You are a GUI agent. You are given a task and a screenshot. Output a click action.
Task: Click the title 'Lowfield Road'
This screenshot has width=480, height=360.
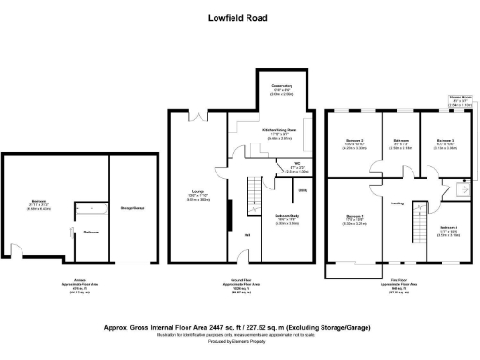pos(240,16)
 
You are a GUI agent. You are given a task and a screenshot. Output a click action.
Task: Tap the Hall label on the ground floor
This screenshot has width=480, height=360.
pos(247,234)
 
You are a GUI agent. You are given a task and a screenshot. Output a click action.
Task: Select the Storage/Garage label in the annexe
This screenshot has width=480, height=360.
pos(132,207)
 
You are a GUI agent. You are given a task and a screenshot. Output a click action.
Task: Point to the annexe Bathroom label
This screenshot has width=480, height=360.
pos(92,231)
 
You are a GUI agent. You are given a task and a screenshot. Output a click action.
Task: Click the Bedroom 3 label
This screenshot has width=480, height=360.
pos(443,141)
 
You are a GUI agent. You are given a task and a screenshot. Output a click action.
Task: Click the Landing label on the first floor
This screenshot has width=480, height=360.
pos(397,202)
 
